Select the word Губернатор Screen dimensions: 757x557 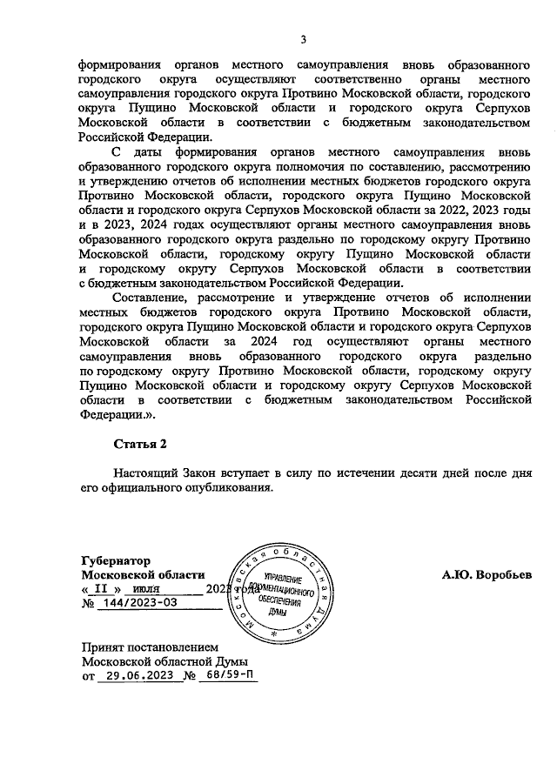(116, 561)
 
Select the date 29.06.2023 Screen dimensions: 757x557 (134, 675)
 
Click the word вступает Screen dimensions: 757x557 (247, 472)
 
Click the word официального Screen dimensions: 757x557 (139, 487)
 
